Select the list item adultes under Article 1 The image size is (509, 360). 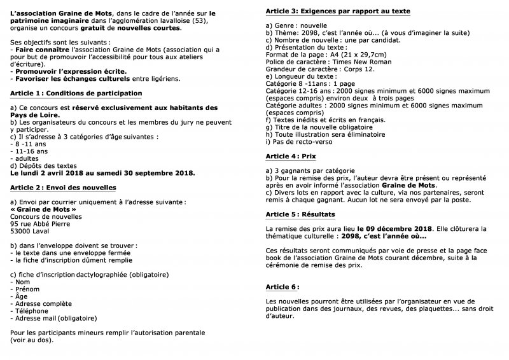click(26, 158)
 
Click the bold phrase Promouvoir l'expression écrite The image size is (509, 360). click(71, 72)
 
